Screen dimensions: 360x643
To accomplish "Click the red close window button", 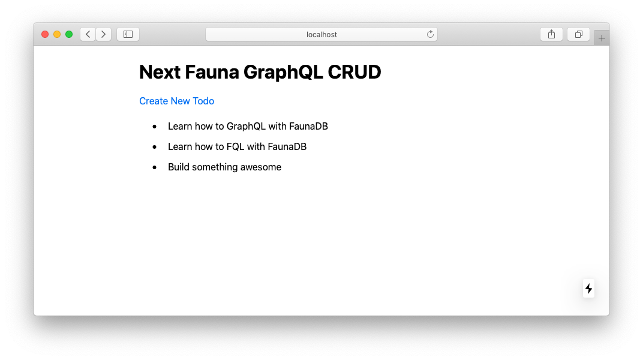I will point(45,34).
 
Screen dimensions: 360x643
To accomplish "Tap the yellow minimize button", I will point(57,34).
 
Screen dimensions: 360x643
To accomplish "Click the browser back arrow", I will point(88,34).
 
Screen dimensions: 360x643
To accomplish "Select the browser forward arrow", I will point(103,34).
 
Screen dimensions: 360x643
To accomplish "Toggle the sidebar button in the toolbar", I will point(128,34).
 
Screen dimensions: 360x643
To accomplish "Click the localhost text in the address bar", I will point(321,35).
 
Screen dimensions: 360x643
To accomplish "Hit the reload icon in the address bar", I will point(430,34).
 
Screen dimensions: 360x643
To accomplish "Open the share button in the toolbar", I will point(551,34).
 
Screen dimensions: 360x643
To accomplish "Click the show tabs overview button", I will point(578,34).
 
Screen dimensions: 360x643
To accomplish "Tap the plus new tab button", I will point(602,38).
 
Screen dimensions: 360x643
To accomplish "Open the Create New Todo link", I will point(176,101).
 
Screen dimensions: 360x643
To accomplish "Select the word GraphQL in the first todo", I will point(246,127).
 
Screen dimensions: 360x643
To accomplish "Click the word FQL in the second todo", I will point(235,146).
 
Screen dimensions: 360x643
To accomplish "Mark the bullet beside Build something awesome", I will point(155,167).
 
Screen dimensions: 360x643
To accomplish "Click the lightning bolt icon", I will point(588,289).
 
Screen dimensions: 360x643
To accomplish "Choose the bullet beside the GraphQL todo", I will point(155,127).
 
